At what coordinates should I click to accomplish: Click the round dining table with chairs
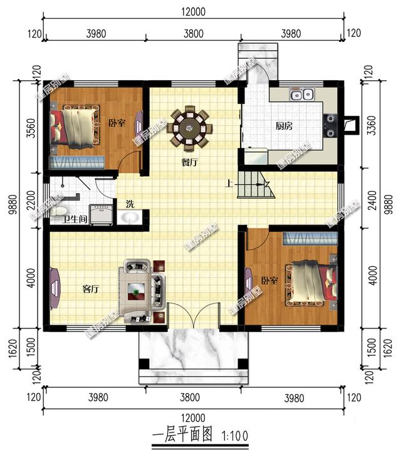tap(189, 128)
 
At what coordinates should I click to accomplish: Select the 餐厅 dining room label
tap(189, 162)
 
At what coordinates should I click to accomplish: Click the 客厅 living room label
tap(91, 289)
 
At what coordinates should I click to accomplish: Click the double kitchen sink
tap(301, 95)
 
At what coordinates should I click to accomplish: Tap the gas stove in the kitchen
tap(330, 124)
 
